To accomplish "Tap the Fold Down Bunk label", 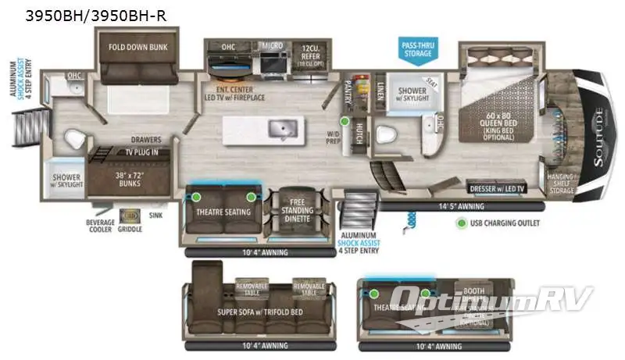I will [x=134, y=46].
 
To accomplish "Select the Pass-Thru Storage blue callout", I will [x=417, y=48].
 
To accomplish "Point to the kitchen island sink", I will [x=277, y=129].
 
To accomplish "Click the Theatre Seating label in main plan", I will [x=223, y=212].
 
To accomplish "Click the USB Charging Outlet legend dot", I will [x=462, y=223].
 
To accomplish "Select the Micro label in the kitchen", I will [x=272, y=46].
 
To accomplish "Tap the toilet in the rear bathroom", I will [x=73, y=139].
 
